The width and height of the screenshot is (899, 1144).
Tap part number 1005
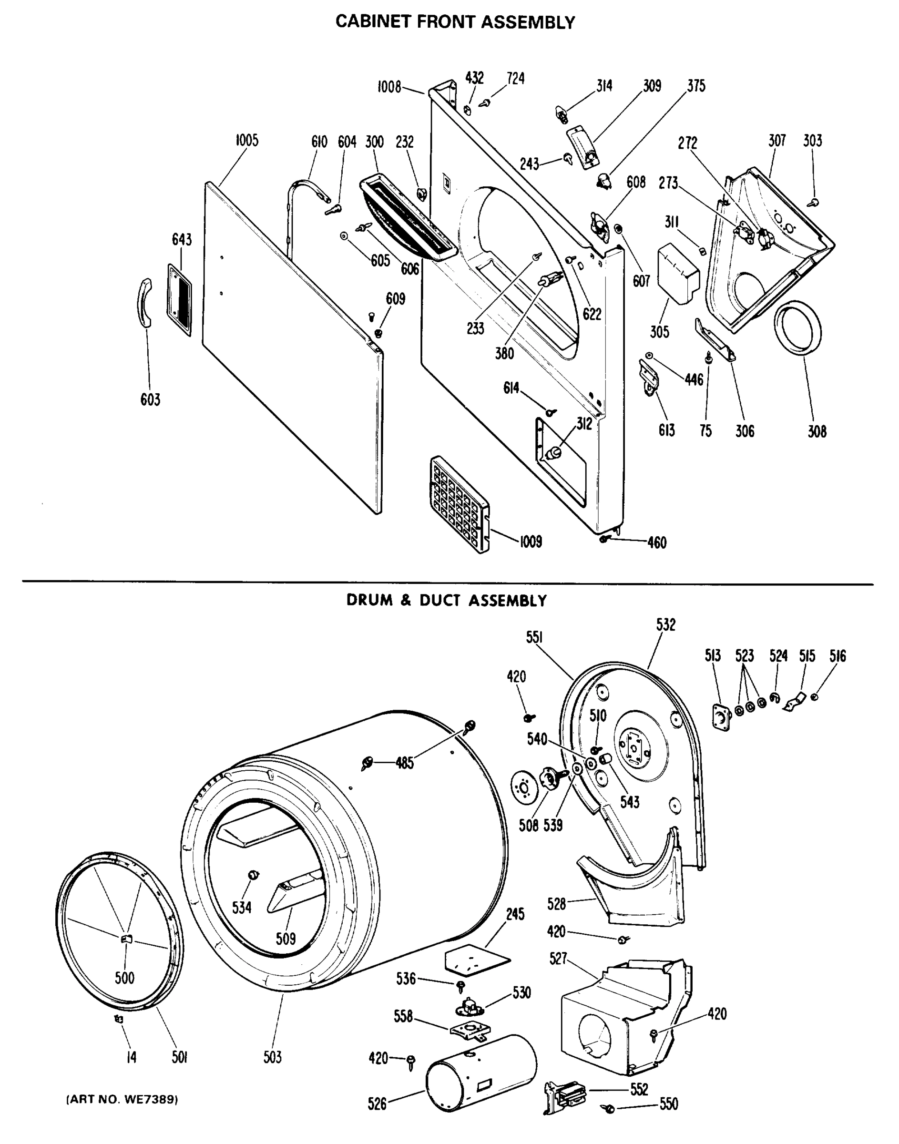[247, 141]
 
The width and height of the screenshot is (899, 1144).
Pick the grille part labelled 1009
[459, 504]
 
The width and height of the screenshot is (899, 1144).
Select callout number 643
[182, 239]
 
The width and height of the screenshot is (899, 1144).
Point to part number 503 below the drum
[273, 1057]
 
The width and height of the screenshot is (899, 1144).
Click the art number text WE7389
[122, 1100]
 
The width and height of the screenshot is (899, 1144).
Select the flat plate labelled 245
[476, 960]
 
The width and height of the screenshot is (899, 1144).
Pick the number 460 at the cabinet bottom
[657, 542]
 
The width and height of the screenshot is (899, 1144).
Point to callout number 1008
[389, 87]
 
